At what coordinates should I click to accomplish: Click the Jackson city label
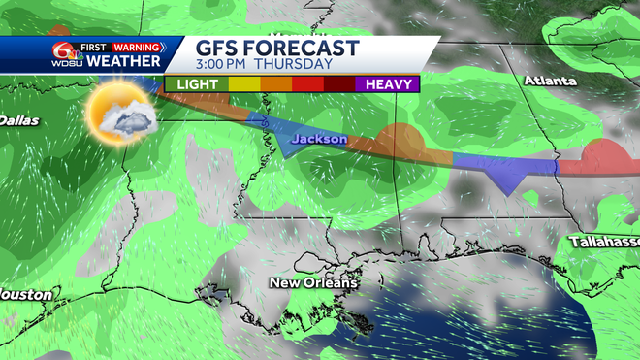(x=319, y=140)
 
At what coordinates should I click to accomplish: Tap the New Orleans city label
(x=313, y=282)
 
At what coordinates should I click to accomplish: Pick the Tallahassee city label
(x=603, y=241)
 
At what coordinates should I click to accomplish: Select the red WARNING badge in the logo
(x=135, y=45)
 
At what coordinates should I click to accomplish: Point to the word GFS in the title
(x=219, y=49)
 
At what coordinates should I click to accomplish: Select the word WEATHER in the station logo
(x=123, y=61)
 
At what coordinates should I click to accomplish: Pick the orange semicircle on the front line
(x=398, y=139)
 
